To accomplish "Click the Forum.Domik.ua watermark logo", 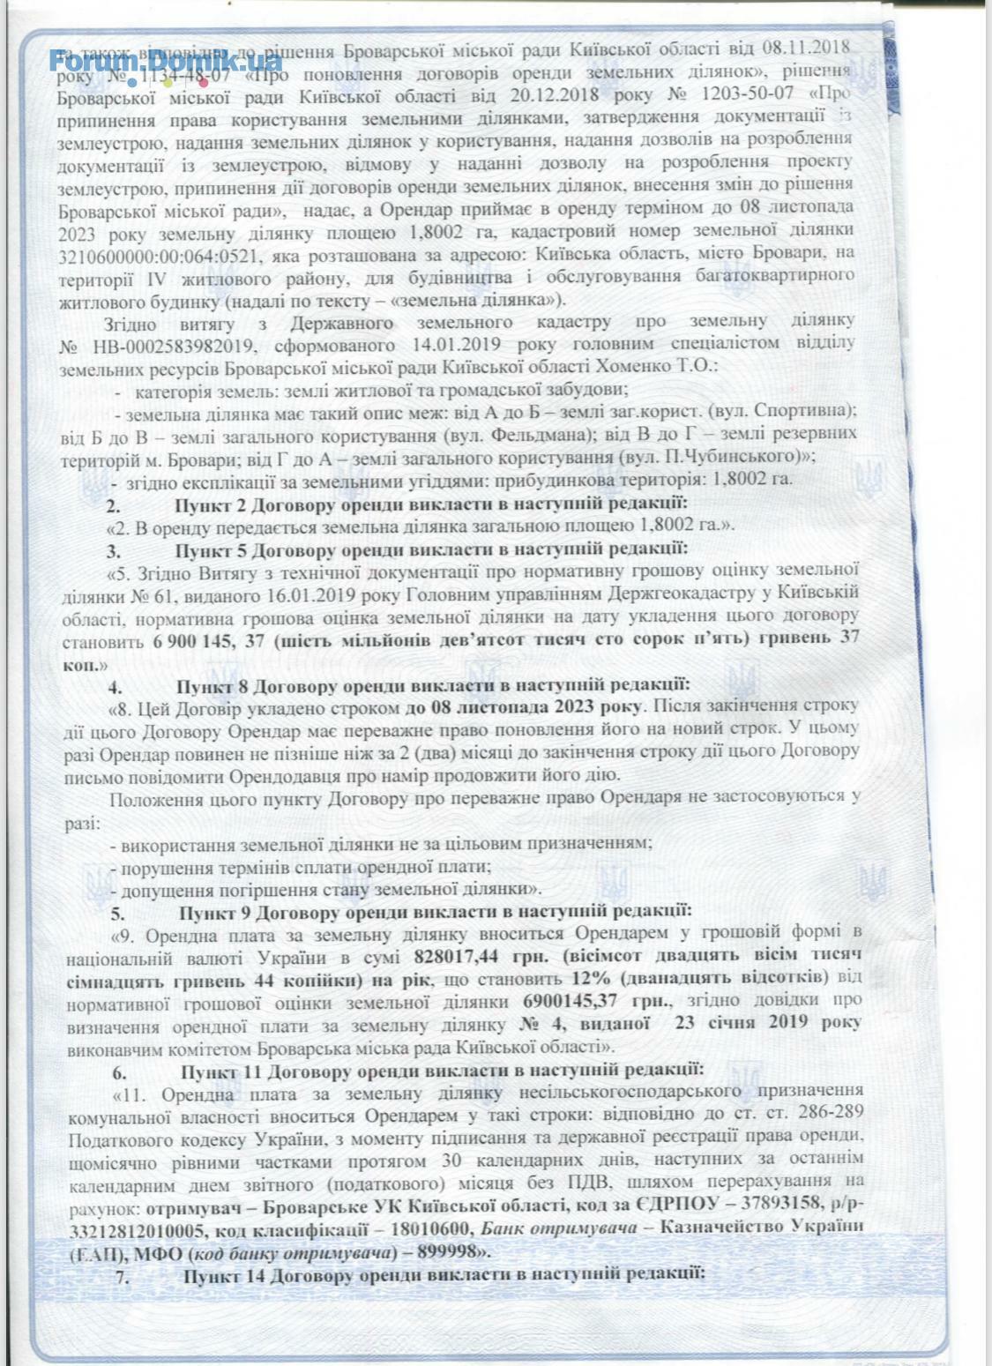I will [166, 61].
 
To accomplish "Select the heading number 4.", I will [115, 684].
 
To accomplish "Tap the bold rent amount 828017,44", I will [460, 957].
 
